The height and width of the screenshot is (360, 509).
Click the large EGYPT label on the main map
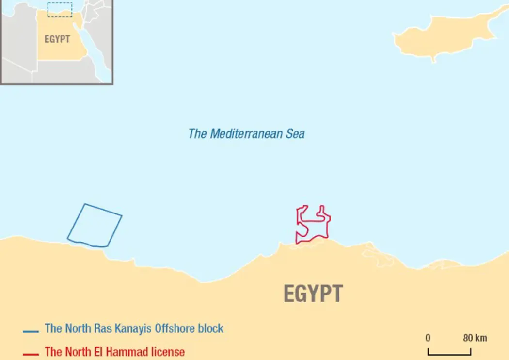(x=313, y=294)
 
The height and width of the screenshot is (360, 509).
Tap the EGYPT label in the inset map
(x=57, y=39)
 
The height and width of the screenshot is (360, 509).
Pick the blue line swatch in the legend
(x=31, y=332)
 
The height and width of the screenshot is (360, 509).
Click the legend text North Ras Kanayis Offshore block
(x=134, y=328)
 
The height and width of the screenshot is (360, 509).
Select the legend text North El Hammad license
(x=114, y=351)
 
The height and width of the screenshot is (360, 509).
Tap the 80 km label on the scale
(x=475, y=338)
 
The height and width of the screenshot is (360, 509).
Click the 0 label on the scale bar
(x=428, y=338)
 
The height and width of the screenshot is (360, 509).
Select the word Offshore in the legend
(x=175, y=328)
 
